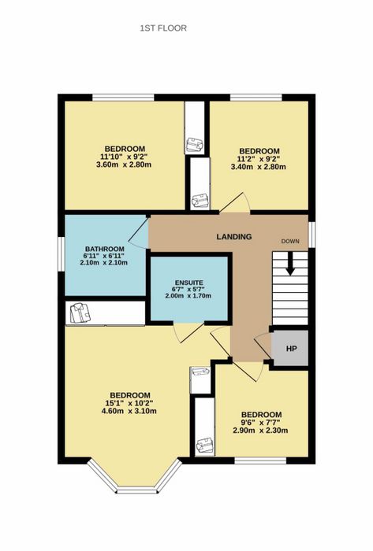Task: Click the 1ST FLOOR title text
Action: click(x=163, y=28)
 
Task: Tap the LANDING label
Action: click(x=234, y=236)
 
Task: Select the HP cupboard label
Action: click(x=291, y=349)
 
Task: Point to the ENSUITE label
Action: click(x=189, y=283)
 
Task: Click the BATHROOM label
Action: click(x=105, y=250)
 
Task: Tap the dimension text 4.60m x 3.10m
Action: click(x=129, y=411)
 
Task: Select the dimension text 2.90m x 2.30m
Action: click(x=260, y=431)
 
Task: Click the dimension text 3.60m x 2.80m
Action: click(x=124, y=164)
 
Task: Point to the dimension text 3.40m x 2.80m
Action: click(x=259, y=167)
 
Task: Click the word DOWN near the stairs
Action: click(x=290, y=241)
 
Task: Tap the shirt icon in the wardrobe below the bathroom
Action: click(x=80, y=313)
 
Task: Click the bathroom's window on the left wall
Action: click(x=62, y=253)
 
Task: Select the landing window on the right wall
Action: click(x=311, y=234)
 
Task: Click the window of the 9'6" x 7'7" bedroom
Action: click(x=261, y=460)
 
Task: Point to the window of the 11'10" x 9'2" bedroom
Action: click(x=124, y=98)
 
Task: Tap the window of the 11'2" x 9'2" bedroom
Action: click(x=256, y=98)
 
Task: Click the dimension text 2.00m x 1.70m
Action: click(x=188, y=296)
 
